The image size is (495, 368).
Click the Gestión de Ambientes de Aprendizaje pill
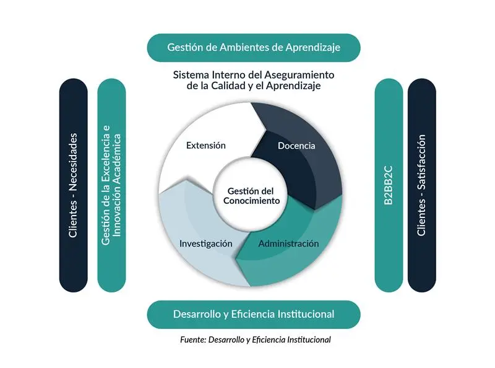tap(254, 47)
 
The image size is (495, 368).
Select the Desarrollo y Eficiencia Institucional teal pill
tap(254, 314)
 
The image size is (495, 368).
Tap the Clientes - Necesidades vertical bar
tap(73, 185)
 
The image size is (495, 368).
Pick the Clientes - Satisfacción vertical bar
tap(421, 185)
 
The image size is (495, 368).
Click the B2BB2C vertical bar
tap(389, 185)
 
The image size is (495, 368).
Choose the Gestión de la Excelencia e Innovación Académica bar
tap(112, 185)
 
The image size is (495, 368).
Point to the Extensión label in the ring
tap(205, 146)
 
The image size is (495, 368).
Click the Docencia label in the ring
tap(296, 146)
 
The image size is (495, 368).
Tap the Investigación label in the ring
tap(206, 243)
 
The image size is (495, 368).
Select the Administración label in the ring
tap(288, 243)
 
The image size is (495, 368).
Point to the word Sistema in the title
tap(189, 75)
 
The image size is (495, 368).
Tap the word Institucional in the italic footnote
tap(308, 340)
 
